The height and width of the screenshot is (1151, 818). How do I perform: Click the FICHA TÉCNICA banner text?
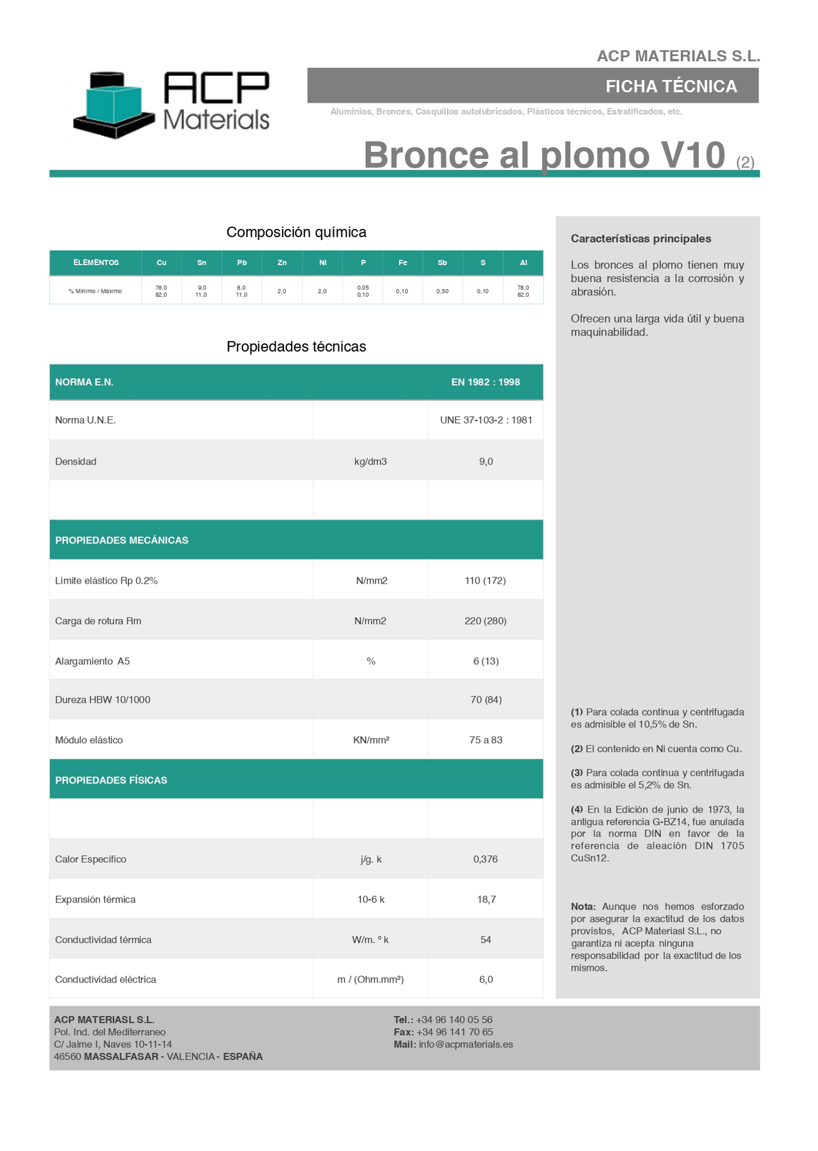coord(671,86)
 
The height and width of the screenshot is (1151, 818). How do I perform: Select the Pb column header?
coord(242,263)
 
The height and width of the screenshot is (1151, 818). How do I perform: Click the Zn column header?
coord(282,263)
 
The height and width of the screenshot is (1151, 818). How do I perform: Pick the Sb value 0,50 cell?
coord(442,291)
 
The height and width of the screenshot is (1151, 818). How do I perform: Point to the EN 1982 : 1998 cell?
coord(485,382)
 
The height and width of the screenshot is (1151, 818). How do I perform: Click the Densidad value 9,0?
coord(486,462)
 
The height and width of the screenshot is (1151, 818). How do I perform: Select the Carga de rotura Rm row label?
coord(98,621)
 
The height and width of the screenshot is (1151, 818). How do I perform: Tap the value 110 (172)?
coord(485,581)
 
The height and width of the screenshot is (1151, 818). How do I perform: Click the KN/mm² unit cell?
coord(371,740)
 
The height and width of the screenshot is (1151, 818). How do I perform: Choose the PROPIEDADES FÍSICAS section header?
coord(111,781)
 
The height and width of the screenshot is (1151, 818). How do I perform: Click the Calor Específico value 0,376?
coord(485,859)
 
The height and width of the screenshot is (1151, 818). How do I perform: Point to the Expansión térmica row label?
coord(95,900)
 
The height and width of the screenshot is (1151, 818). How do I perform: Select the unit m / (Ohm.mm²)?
coord(370,980)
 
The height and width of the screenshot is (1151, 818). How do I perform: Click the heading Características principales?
coord(641,238)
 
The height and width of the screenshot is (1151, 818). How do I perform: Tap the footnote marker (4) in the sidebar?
coord(577,810)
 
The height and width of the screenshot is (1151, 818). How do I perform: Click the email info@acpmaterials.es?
coord(466,1045)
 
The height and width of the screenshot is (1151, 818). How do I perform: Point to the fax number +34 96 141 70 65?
coord(455,1032)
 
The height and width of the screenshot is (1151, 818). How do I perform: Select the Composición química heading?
coord(296,232)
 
